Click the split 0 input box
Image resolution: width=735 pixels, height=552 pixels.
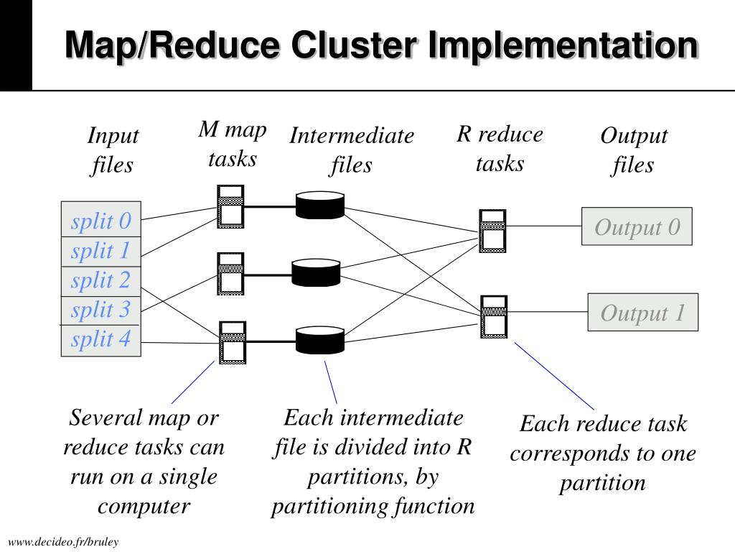tap(101, 219)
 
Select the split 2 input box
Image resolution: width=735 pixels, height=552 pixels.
tap(101, 281)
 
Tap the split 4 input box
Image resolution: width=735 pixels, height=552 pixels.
tap(101, 340)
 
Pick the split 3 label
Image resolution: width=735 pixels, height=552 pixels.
tap(100, 310)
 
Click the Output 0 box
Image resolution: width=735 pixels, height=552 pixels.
tap(637, 226)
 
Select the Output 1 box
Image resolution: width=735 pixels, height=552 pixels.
tap(642, 312)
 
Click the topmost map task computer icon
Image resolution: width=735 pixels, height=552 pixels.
tap(230, 206)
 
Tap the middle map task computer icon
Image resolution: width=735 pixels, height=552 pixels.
tap(230, 274)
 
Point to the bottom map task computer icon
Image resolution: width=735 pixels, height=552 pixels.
tap(233, 343)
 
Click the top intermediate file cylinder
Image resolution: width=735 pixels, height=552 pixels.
tap(320, 205)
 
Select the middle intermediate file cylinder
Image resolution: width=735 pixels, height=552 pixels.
tap(316, 272)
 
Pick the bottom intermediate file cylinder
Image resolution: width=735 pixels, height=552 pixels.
tap(320, 340)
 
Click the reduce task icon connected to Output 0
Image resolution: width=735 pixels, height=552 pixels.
tap(492, 231)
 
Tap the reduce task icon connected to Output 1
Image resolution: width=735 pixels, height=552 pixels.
tap(494, 317)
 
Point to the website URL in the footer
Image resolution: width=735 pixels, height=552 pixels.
tap(63, 542)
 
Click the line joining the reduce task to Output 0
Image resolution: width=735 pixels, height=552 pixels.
tap(544, 226)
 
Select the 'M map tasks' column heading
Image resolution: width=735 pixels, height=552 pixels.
tap(233, 144)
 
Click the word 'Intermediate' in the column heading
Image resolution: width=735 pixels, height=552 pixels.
tap(352, 136)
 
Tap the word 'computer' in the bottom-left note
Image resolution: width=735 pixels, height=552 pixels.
tap(144, 507)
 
